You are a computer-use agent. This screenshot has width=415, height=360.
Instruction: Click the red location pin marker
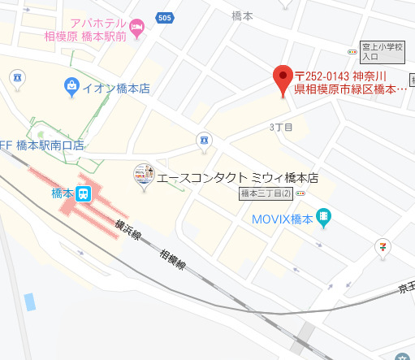click(x=282, y=78)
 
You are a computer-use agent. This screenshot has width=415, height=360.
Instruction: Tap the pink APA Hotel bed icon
click(x=136, y=28)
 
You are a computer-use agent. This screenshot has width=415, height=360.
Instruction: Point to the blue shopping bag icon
click(x=71, y=85)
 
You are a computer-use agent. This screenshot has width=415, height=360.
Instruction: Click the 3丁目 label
click(x=280, y=128)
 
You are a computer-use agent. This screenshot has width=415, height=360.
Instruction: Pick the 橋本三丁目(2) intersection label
click(x=266, y=193)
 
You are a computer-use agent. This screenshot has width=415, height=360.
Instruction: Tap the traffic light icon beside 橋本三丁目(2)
click(x=300, y=193)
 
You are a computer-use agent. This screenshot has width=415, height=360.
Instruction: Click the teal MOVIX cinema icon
click(x=324, y=218)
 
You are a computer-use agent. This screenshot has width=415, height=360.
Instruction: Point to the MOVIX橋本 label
click(x=282, y=219)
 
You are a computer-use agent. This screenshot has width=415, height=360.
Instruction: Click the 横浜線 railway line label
click(x=127, y=230)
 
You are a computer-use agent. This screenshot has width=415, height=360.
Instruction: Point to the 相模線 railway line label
click(x=172, y=259)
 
